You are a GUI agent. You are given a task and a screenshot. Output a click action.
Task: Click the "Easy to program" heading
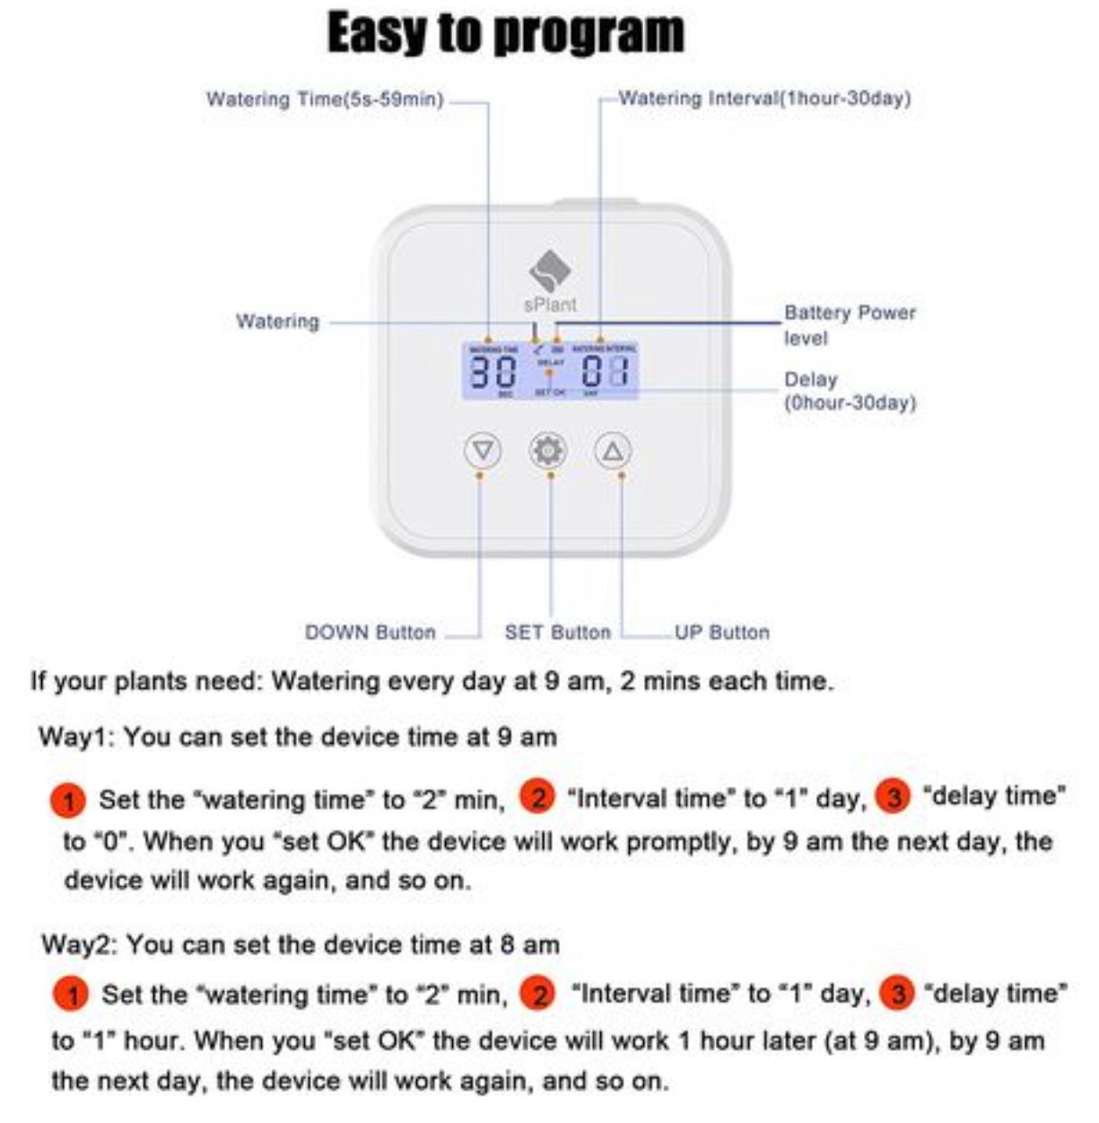(x=505, y=33)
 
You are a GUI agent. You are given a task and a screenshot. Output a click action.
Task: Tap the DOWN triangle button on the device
(x=483, y=449)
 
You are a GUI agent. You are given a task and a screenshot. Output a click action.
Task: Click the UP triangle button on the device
(x=613, y=450)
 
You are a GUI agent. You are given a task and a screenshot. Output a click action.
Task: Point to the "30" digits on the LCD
(x=493, y=370)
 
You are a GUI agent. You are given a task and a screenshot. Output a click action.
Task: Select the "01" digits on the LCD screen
(x=605, y=370)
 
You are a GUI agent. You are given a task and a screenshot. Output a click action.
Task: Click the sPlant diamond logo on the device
(x=549, y=269)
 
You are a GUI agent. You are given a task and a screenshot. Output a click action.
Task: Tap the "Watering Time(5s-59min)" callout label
(x=325, y=99)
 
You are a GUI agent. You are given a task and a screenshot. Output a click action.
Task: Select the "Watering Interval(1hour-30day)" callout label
(x=764, y=98)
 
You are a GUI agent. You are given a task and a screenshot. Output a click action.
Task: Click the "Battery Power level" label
(x=849, y=325)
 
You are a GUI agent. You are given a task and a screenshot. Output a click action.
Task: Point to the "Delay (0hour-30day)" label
(x=849, y=391)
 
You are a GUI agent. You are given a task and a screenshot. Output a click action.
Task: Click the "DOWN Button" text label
(x=370, y=632)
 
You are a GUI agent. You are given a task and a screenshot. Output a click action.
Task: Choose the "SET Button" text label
(x=557, y=632)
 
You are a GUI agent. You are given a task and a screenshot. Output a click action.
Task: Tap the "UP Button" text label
(x=721, y=632)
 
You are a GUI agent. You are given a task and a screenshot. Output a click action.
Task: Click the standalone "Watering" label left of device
(x=277, y=321)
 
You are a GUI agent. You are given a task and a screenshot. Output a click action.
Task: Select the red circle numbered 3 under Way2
(x=896, y=994)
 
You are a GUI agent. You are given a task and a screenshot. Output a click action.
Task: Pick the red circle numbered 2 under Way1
(x=537, y=797)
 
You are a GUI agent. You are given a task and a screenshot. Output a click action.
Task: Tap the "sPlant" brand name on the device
(x=550, y=304)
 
